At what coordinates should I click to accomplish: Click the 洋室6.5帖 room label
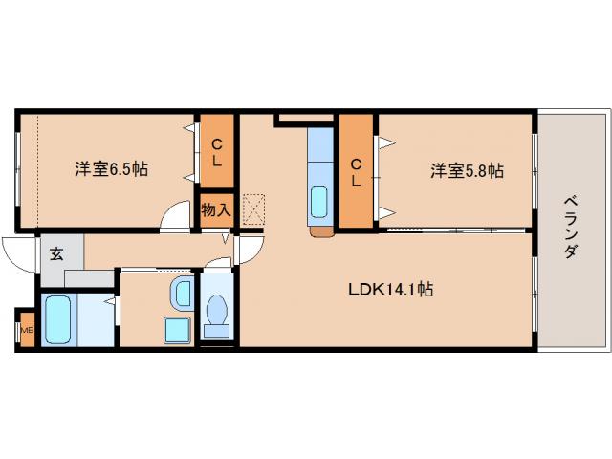(x=112, y=169)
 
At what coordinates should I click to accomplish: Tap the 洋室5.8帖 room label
(x=467, y=170)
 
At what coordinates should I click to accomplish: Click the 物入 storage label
(x=216, y=209)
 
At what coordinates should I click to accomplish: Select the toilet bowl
(x=217, y=314)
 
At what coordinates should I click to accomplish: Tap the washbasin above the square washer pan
(x=181, y=292)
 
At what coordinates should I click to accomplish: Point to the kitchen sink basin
(x=319, y=203)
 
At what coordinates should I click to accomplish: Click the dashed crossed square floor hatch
(x=253, y=208)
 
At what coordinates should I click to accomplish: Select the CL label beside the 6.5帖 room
(x=217, y=152)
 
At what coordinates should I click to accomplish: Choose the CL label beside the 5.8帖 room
(x=356, y=172)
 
